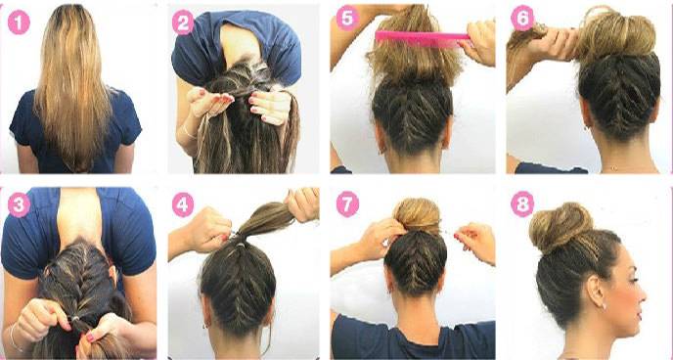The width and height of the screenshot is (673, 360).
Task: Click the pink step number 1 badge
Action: coord(19,22)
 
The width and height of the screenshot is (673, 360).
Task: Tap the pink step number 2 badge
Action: coord(183,22)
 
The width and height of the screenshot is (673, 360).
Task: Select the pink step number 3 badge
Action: coord(19,204)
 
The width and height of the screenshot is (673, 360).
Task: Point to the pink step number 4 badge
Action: coord(183,204)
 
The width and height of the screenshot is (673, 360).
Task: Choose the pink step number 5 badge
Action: coord(347,19)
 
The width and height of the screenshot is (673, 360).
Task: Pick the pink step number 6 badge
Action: coord(522,19)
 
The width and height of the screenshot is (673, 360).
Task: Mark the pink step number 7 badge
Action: coord(347,204)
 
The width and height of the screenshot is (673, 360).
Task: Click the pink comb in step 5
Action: coord(423,38)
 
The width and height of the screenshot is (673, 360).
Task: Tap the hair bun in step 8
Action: coord(561,227)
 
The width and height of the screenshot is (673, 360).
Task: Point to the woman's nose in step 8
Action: coord(642,296)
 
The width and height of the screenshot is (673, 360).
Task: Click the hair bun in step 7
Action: coord(417,217)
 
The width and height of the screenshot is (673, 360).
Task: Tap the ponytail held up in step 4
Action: coord(262,220)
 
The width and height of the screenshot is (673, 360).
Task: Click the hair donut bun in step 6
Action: coord(616,33)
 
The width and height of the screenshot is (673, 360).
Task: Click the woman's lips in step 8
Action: coord(639,315)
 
